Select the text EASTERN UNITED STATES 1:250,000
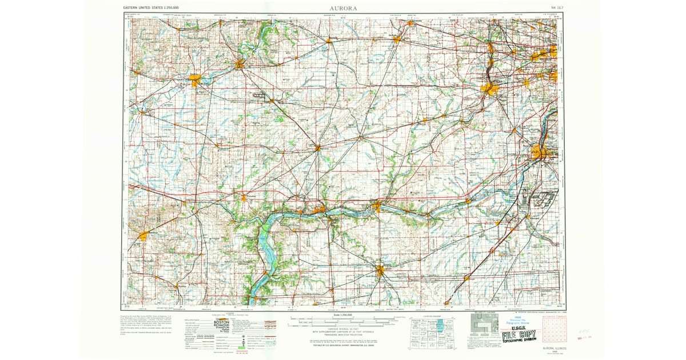[x=154, y=9]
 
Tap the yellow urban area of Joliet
[x=539, y=153]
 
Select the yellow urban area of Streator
[x=381, y=270]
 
